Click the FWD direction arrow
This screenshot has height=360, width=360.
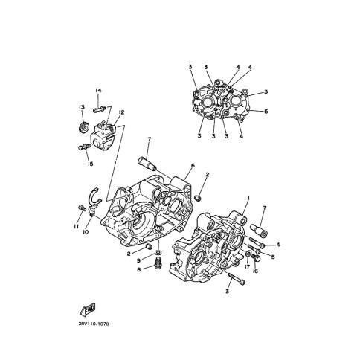pos(88,309)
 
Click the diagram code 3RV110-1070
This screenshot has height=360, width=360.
pos(94,324)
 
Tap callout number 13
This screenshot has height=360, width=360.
pos(82,107)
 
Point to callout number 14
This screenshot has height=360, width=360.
pos(98,91)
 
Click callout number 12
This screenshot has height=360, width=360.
pos(121,112)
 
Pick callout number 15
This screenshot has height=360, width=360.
pos(91,164)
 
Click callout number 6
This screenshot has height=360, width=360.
pos(193,165)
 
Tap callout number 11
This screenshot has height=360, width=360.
pos(76,227)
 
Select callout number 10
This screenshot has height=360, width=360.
pos(86,232)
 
